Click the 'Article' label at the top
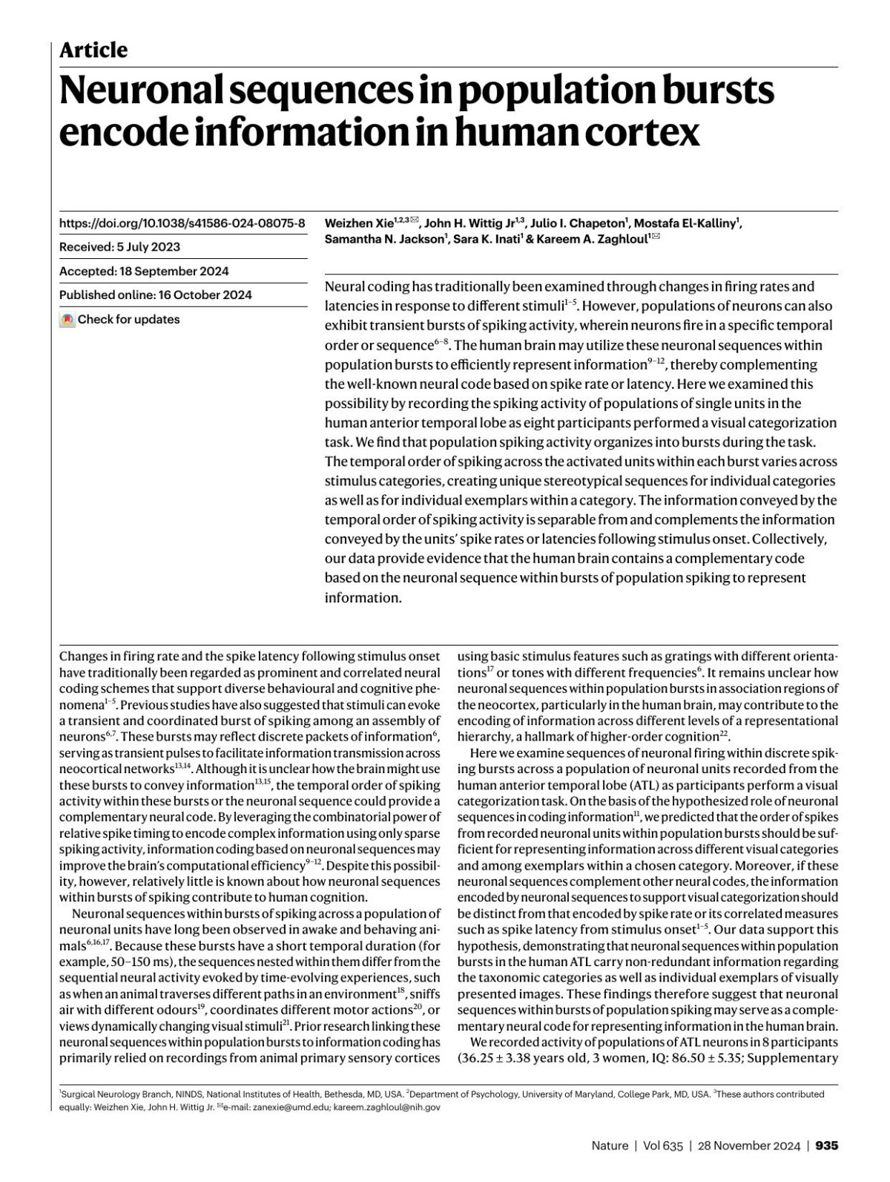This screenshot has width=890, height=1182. (x=93, y=50)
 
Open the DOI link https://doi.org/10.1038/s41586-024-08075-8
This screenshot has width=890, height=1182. (x=182, y=223)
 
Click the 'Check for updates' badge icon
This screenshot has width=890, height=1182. (x=67, y=320)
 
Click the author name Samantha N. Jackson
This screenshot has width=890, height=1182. (x=384, y=240)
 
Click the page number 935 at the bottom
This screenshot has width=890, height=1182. (x=826, y=1146)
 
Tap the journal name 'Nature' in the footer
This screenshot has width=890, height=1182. (x=610, y=1146)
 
